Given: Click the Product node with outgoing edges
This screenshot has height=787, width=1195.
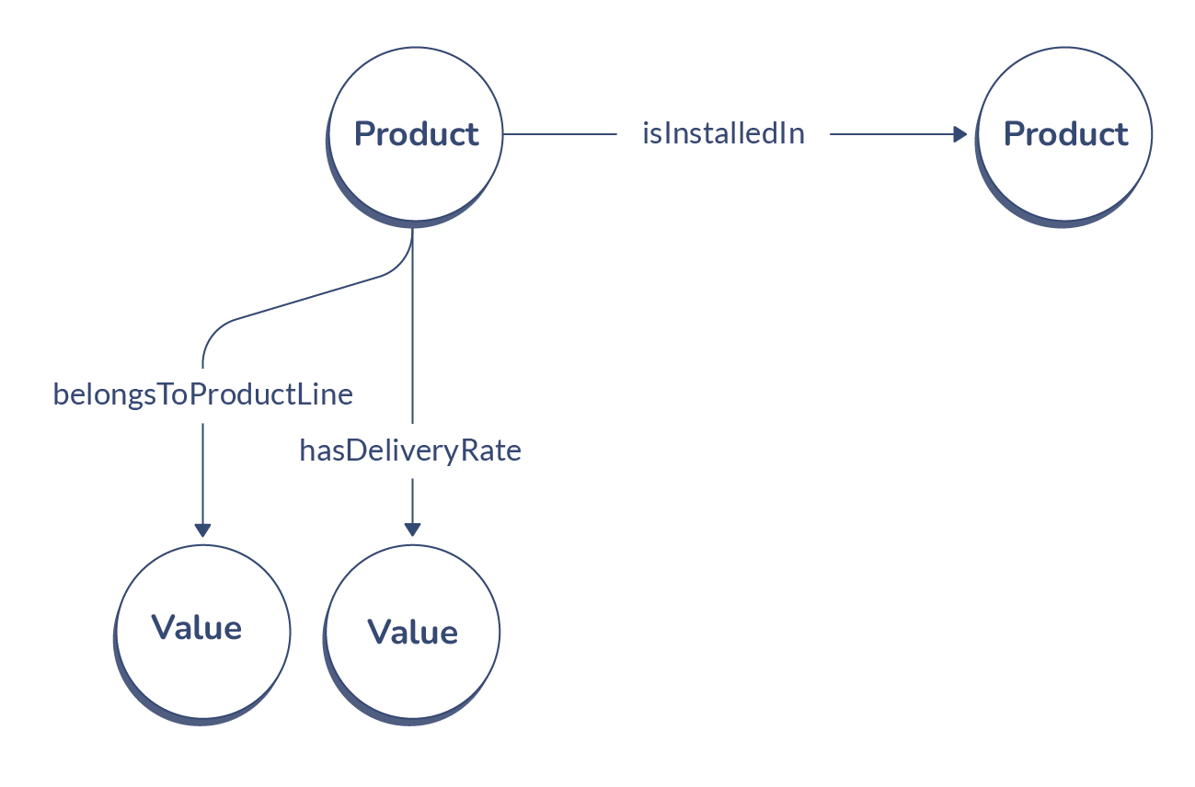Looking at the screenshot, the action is click(416, 175).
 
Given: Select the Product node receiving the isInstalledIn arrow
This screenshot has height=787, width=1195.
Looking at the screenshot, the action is click(1064, 175).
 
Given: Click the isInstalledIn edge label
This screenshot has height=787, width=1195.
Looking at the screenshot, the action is click(723, 134).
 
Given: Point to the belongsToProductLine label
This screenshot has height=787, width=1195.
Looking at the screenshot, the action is click(202, 395).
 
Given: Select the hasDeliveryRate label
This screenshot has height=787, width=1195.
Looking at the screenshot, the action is click(410, 451).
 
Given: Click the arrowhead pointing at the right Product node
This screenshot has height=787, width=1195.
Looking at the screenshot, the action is click(959, 134).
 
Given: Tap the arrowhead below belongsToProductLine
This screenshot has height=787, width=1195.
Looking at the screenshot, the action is click(202, 530).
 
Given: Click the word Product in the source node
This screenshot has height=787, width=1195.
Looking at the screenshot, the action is click(416, 134).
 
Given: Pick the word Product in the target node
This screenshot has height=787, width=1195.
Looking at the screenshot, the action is click(1064, 134).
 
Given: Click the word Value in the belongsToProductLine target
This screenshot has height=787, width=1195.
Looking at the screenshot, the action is click(196, 628).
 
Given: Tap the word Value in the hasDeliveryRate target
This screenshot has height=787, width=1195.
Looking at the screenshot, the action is click(412, 633).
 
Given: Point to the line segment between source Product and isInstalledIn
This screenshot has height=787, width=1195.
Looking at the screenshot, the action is click(559, 134).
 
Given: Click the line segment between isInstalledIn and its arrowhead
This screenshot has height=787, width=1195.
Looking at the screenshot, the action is click(888, 134).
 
